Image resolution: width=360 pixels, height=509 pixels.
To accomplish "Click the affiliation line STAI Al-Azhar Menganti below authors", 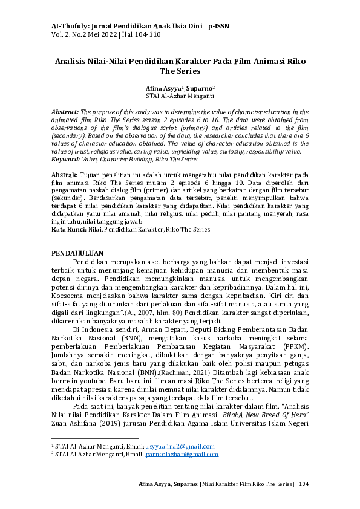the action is click(180, 96).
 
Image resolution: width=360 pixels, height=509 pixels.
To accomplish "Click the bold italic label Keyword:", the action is click(65, 160).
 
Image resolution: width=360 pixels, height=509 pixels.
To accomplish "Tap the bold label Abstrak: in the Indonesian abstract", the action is click(64, 175).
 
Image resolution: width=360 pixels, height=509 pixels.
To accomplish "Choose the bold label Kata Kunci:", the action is click(67, 230).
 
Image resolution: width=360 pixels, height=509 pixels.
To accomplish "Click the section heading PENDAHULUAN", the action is click(77, 253).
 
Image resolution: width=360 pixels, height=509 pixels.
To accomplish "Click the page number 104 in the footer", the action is click(304, 484).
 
